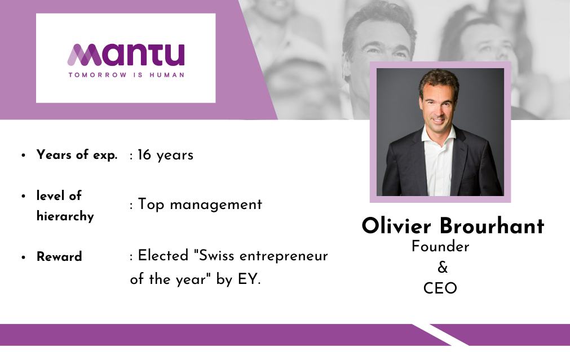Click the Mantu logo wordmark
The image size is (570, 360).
coord(126,55)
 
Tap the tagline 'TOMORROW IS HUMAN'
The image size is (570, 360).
coord(126,75)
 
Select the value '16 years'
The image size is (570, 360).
coord(165,155)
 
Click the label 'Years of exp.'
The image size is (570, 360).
coord(77,155)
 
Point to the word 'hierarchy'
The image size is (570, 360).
coord(65,216)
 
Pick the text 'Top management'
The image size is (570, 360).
coord(200,204)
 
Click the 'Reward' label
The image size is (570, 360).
coord(59,256)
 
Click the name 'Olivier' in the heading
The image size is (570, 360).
coord(396,225)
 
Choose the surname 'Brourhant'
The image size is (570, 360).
coord(492,225)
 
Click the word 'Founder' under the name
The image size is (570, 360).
coord(440,247)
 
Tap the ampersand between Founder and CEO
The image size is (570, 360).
coord(443,268)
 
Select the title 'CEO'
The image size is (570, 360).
coord(440,288)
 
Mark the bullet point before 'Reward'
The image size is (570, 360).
coord(24,257)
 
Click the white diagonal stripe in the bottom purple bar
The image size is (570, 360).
coord(440,335)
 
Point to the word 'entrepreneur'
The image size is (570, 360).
coord(284,256)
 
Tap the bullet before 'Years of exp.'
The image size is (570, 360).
coord(24,155)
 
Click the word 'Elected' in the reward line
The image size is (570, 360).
coord(164,255)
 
